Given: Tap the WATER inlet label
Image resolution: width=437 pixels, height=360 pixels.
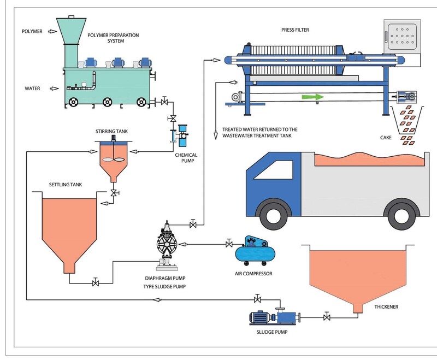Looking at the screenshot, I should [x=32, y=88].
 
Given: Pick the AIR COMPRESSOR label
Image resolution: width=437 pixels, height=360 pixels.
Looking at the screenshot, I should [x=252, y=273].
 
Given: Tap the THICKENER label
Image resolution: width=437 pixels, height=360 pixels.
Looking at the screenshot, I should [x=386, y=306].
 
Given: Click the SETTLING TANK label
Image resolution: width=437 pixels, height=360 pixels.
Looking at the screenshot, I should [x=64, y=185].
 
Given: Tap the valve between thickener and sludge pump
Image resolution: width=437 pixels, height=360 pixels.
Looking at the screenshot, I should [x=327, y=317].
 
